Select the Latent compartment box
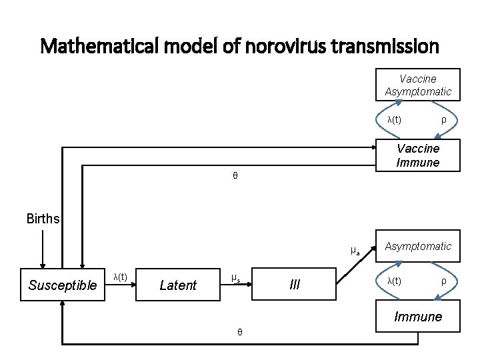coord(178,286)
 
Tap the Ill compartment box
coord(295,285)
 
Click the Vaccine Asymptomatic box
coord(418,85)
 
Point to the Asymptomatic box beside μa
coord(418,247)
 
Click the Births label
coord(43,219)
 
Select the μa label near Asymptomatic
coord(355,251)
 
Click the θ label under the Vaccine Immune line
coord(235,176)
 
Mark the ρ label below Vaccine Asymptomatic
coord(443,120)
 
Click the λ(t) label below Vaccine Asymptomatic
coord(394,120)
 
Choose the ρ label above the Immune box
coord(443,281)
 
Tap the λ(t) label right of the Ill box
coord(394,281)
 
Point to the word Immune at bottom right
coord(418,317)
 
